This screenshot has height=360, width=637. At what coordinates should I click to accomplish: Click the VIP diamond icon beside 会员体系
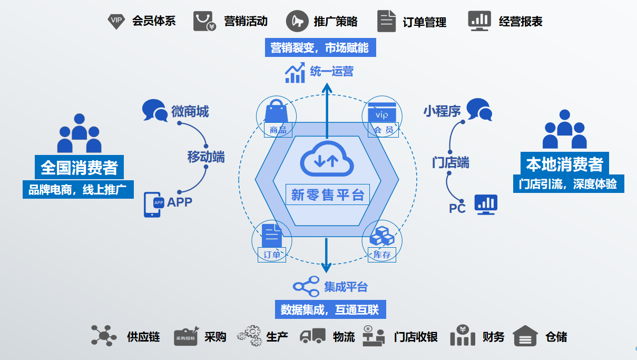point(116,21)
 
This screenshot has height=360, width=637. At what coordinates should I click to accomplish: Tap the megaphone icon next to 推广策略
point(297,21)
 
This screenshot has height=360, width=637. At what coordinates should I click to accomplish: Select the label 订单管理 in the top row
point(424,22)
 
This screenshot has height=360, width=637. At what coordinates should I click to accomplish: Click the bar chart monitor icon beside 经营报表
point(479,21)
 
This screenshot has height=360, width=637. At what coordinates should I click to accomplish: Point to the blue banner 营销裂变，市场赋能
point(320,48)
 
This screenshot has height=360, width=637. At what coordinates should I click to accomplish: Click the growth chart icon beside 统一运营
point(295,72)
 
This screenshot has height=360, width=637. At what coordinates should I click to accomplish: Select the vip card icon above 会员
point(382,112)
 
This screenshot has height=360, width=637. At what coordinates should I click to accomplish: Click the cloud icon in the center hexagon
point(327,158)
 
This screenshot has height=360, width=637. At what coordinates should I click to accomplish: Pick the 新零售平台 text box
point(328,194)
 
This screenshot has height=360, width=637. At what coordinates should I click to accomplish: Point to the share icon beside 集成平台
point(307,286)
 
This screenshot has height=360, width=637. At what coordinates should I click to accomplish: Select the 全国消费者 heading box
point(80,168)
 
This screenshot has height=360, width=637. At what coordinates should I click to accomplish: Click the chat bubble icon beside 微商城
point(155,110)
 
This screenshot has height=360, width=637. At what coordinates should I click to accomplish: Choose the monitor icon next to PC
point(486,204)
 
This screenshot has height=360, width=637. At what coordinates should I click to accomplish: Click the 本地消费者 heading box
point(564,164)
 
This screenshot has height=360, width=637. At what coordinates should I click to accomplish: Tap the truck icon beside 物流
point(313,336)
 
